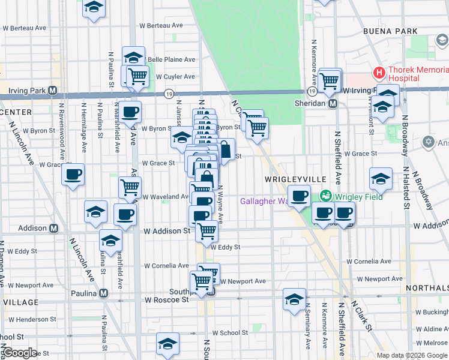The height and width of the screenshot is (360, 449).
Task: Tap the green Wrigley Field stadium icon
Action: tap(325, 196)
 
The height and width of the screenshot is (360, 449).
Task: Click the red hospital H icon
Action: tap(379, 73)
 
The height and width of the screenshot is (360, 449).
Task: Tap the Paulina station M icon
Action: tap(103, 293)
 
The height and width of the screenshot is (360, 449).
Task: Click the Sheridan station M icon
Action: tap(333, 103)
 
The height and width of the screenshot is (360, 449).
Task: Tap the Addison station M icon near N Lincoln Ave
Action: tap(53, 228)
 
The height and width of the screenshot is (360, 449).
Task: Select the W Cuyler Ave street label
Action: tap(175, 77)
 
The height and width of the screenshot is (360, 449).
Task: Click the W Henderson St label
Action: tap(30, 319)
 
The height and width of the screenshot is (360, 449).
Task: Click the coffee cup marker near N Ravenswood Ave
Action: tap(73, 175)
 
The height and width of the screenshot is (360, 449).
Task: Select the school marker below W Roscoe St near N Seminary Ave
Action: tap(294, 299)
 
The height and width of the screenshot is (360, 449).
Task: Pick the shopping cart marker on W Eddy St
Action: tap(207, 230)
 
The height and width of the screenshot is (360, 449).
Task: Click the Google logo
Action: tap(20, 353)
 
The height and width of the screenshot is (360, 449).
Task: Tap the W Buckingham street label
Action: tap(432, 312)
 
